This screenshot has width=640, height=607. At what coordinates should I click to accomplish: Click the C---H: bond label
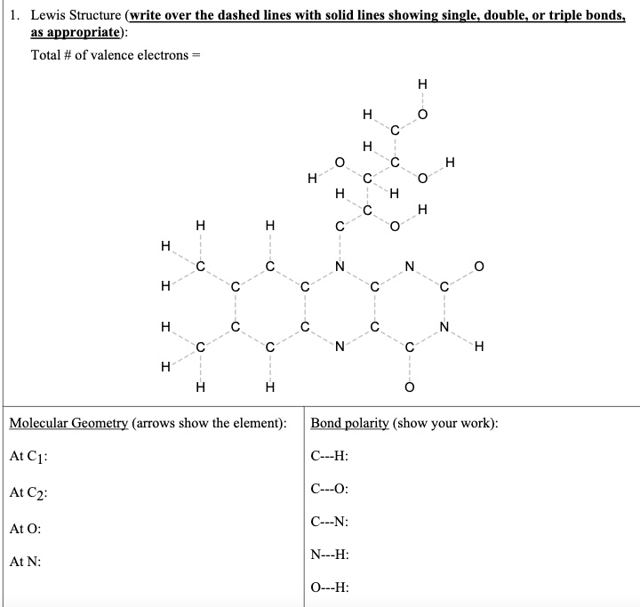pyautogui.click(x=330, y=457)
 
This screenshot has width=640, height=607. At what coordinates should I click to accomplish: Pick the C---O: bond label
pyautogui.click(x=330, y=489)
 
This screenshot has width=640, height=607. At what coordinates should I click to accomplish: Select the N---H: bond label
pyautogui.click(x=330, y=555)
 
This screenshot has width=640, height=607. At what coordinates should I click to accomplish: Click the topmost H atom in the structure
pyautogui.click(x=422, y=84)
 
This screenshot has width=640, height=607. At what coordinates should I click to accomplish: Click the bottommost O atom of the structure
pyautogui.click(x=409, y=387)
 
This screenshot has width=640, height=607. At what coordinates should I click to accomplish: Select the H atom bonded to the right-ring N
pyautogui.click(x=480, y=347)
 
